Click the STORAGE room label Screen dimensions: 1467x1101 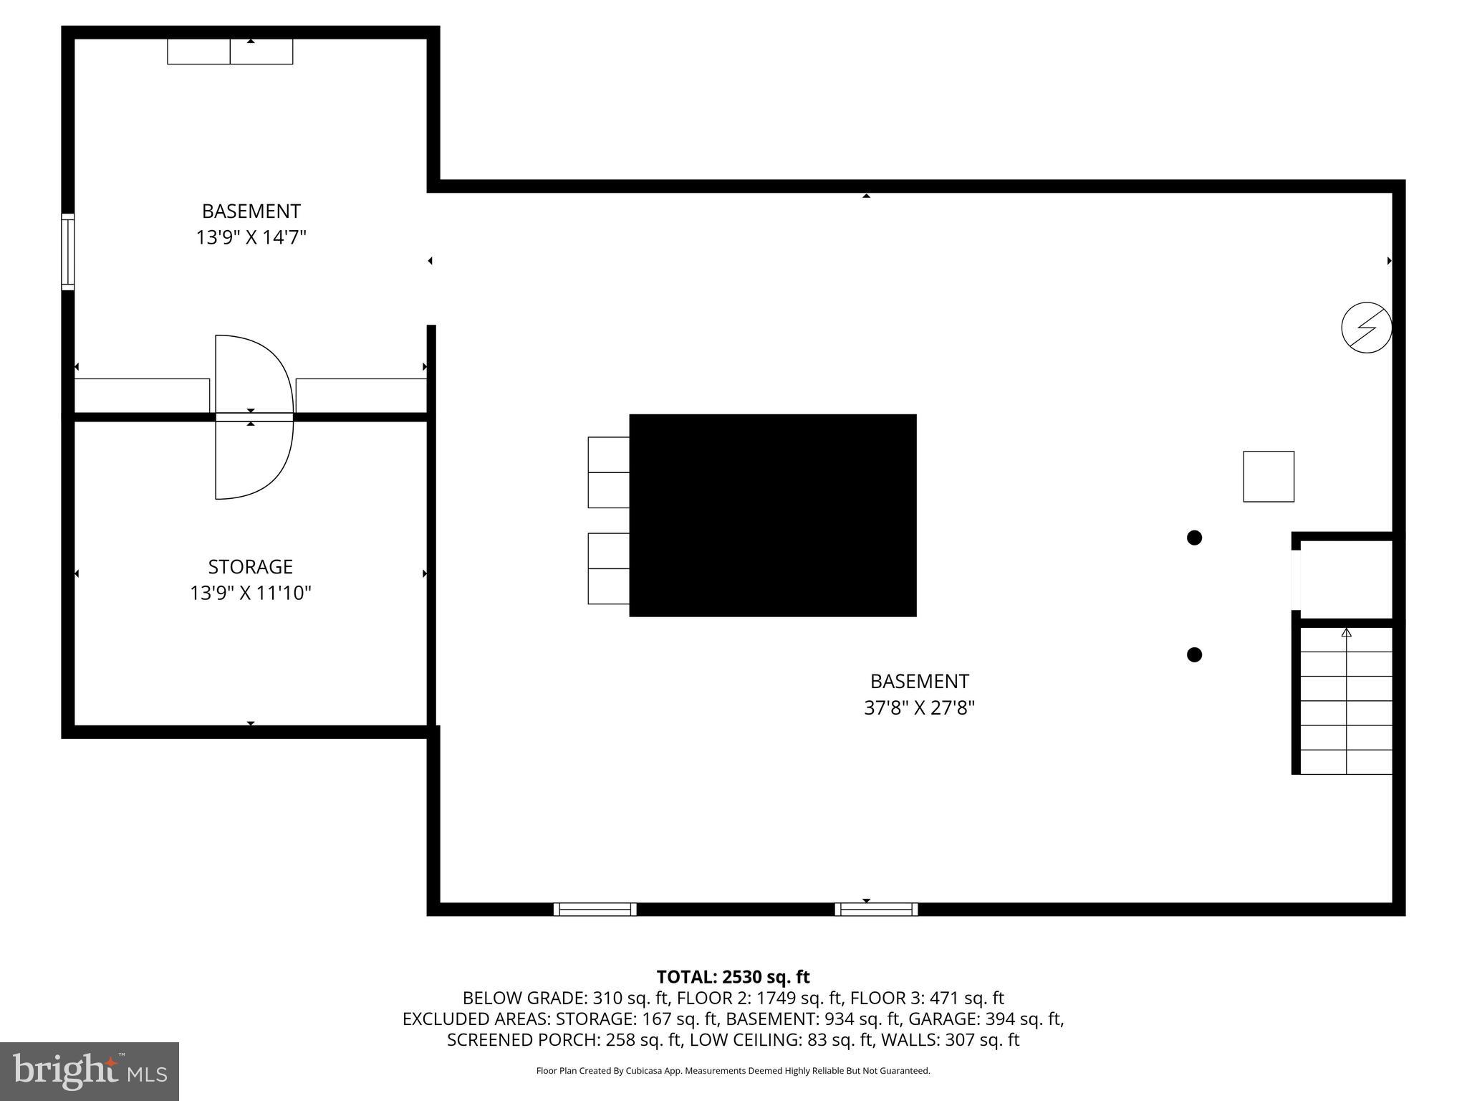[250, 567]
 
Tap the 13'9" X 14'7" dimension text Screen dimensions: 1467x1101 [251, 237]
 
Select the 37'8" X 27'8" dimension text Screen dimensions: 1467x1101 [919, 708]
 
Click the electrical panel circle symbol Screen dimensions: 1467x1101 [1366, 328]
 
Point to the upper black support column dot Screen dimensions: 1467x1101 [1194, 538]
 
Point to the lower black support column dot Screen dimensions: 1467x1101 [1194, 654]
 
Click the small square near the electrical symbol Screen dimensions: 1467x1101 [1269, 477]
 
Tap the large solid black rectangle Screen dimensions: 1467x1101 [772, 515]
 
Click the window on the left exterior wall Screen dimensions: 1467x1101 [68, 252]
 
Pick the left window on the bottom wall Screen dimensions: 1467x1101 [595, 909]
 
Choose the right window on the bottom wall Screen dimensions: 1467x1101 [876, 909]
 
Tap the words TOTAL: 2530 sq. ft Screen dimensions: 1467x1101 [733, 977]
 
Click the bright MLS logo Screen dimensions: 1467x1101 [90, 1071]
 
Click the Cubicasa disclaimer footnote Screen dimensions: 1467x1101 [733, 1071]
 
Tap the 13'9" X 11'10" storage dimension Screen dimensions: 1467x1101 [250, 594]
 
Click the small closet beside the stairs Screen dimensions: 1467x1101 [1346, 579]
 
